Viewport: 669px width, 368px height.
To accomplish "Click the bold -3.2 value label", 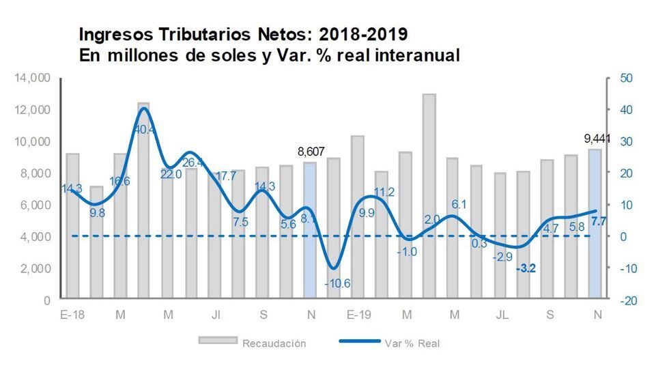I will click(526, 268).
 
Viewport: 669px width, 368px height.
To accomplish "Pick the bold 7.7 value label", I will click(598, 221).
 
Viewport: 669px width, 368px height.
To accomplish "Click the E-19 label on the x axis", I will click(358, 315).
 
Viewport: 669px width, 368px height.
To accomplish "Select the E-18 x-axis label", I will click(72, 315).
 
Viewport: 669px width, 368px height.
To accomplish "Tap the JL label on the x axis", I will click(502, 315).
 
